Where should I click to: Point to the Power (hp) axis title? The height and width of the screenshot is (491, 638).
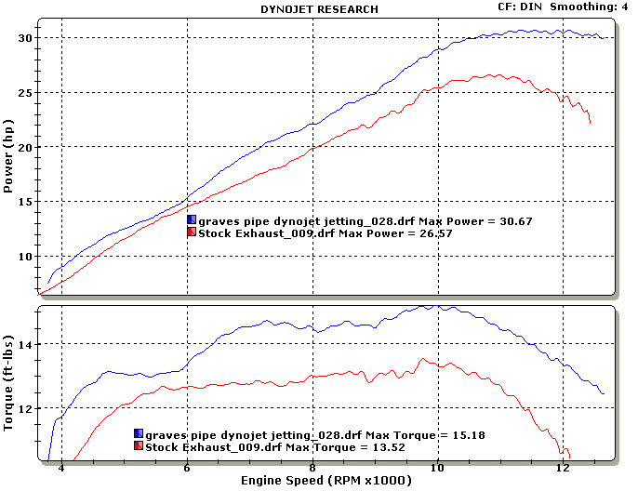point(8,155)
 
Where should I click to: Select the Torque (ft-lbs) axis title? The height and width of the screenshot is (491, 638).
point(8,383)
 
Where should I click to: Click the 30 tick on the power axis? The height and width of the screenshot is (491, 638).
point(24,38)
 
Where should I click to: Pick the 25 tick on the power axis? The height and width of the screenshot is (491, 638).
point(24,93)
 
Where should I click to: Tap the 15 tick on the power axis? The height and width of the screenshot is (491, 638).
point(24,202)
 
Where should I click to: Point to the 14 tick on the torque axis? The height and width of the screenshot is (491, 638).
point(24,345)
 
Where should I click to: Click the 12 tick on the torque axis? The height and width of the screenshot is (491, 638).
point(24,409)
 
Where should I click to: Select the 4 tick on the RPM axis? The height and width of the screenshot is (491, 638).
point(61,469)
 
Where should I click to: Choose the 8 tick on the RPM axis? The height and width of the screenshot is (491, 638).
point(312,469)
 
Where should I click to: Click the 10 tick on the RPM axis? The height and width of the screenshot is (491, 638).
point(437,469)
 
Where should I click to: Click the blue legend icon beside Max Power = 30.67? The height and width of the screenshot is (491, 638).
point(192,219)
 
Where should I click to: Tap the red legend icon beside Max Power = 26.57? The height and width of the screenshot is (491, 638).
point(192,232)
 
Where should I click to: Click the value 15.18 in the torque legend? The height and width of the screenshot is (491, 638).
point(468,434)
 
